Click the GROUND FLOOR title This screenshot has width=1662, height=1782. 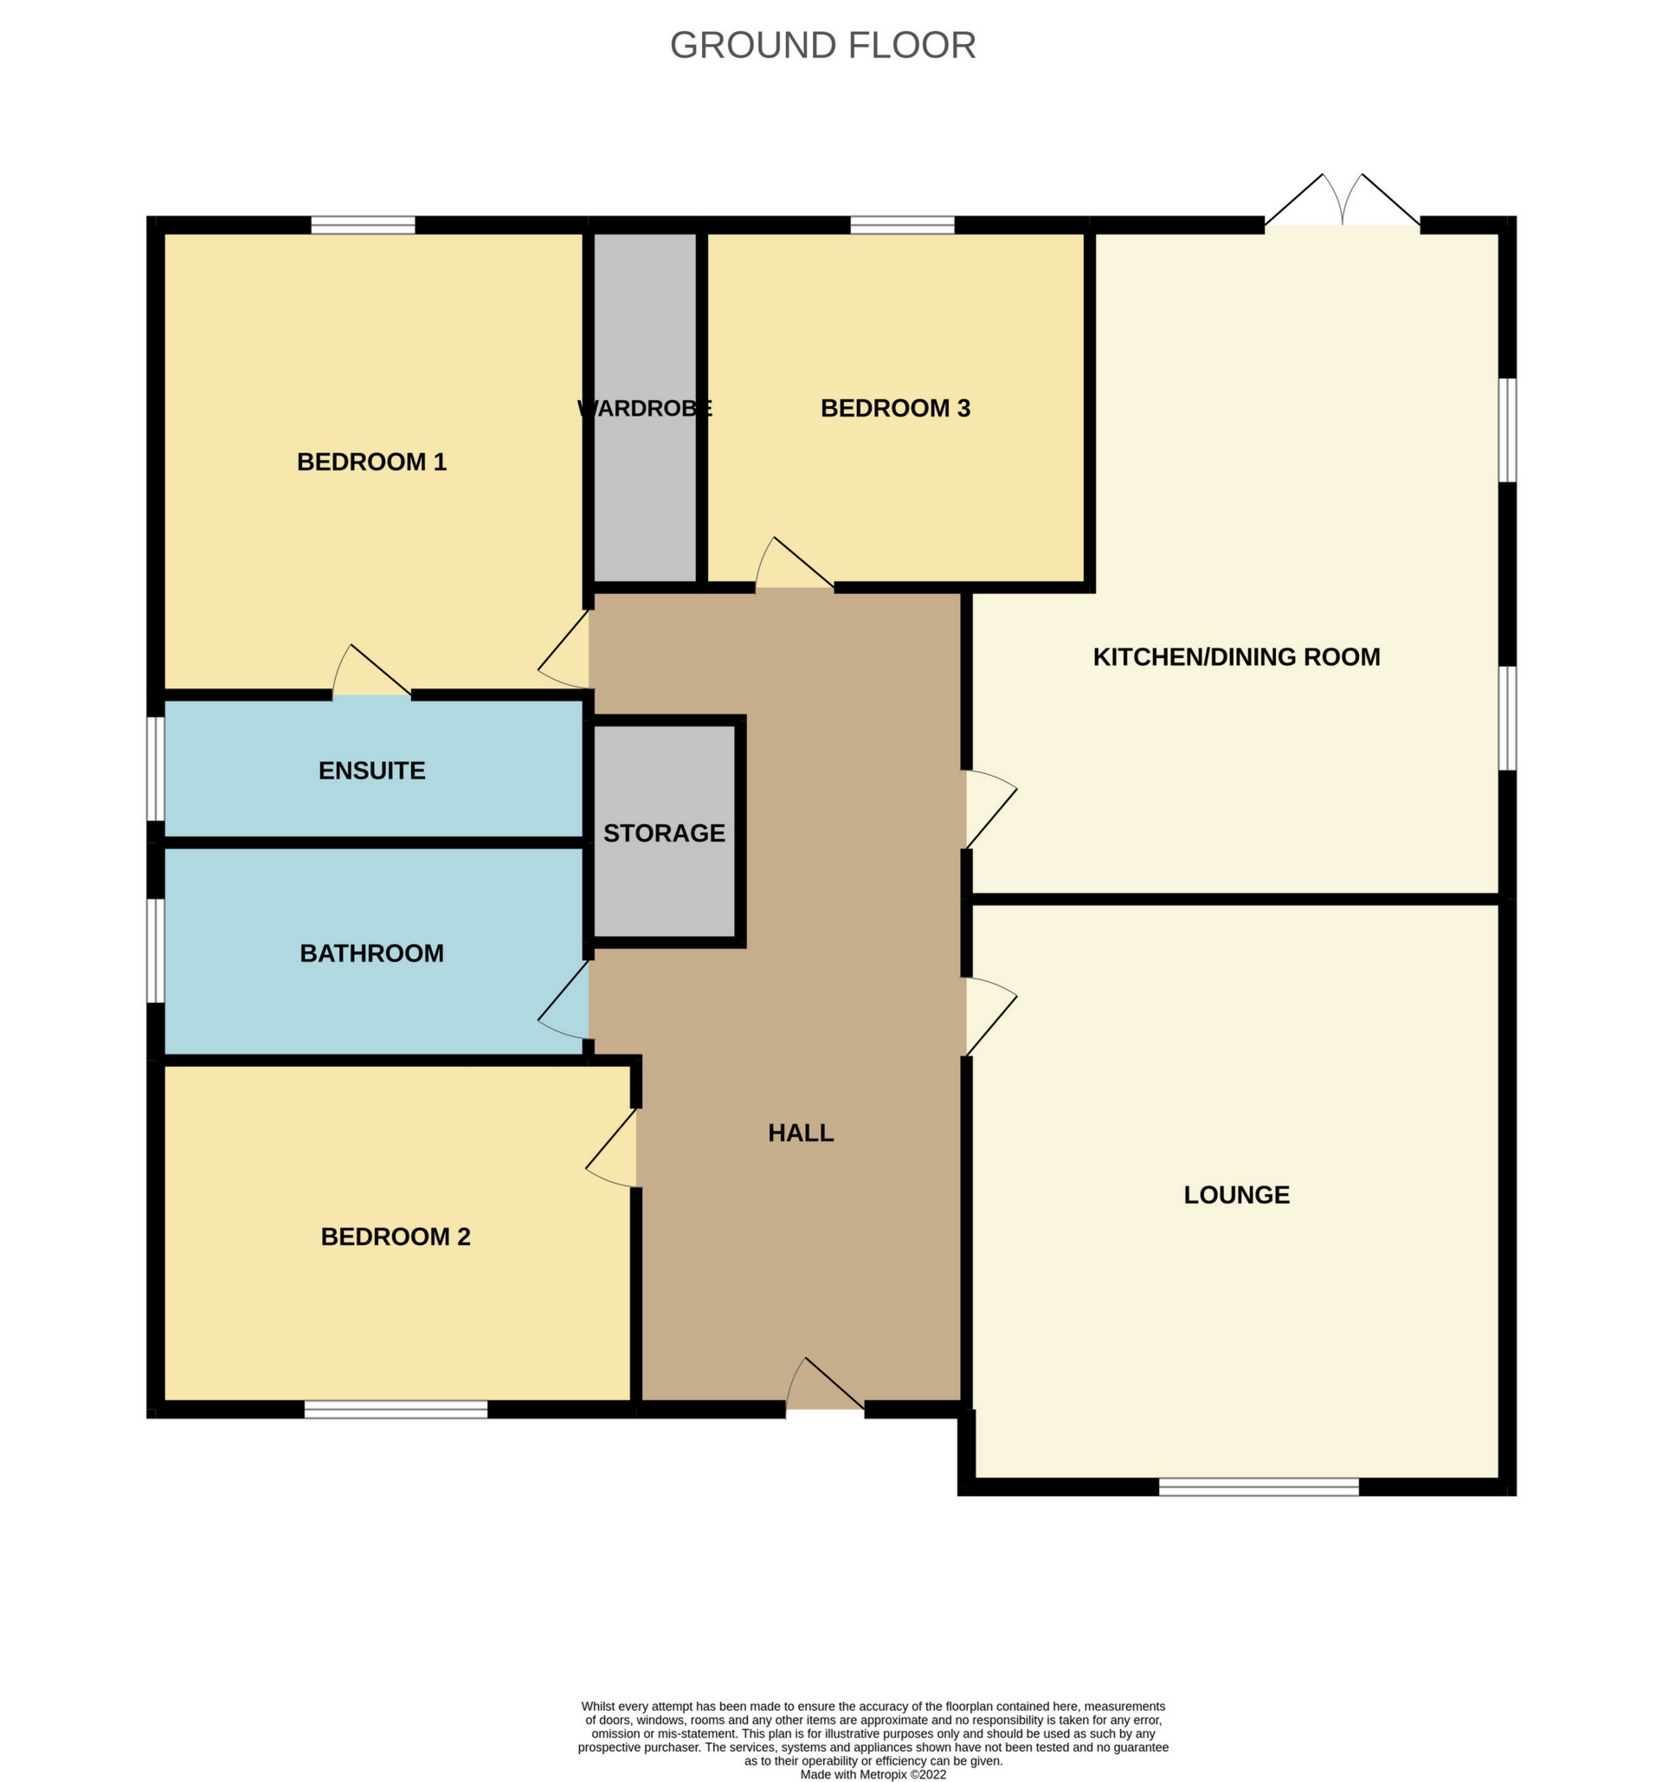(x=822, y=46)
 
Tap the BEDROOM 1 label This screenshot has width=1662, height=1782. (x=372, y=462)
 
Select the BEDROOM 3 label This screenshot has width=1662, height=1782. (x=895, y=408)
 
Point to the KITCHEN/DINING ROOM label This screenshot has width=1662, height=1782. (x=1236, y=657)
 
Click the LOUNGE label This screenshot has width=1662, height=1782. (x=1236, y=1195)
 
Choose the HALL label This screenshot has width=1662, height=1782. (x=801, y=1133)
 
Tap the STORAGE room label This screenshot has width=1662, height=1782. (x=664, y=834)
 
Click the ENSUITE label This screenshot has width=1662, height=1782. (x=372, y=771)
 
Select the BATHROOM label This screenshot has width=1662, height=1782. (x=372, y=952)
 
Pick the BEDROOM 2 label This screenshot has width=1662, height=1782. (x=395, y=1237)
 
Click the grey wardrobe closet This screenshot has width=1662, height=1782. (x=645, y=408)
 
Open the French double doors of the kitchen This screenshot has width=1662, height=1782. (x=1342, y=201)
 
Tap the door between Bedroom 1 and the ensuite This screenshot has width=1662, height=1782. (x=372, y=672)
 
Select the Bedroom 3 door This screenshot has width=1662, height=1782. (x=795, y=565)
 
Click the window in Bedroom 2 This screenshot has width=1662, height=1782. (x=396, y=1409)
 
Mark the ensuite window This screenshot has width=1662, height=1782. (x=156, y=768)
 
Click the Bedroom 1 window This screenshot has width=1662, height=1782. (x=363, y=225)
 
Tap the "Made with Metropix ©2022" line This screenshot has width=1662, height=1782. (x=873, y=1774)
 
